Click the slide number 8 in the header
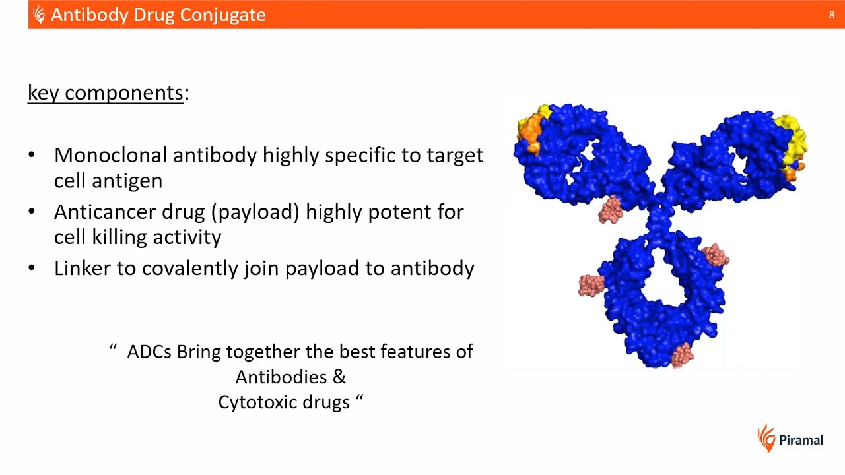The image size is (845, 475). [x=831, y=15]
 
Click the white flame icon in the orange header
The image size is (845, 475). [x=39, y=15]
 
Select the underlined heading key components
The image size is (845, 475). [x=105, y=93]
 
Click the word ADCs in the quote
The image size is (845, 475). [x=149, y=352]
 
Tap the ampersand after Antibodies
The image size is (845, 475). [x=339, y=377]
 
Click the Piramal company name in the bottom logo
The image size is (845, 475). [x=801, y=440]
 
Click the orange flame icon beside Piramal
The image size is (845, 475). [x=766, y=438]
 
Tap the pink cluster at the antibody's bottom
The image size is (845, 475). [x=682, y=354]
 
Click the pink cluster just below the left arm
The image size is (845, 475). [x=611, y=209]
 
